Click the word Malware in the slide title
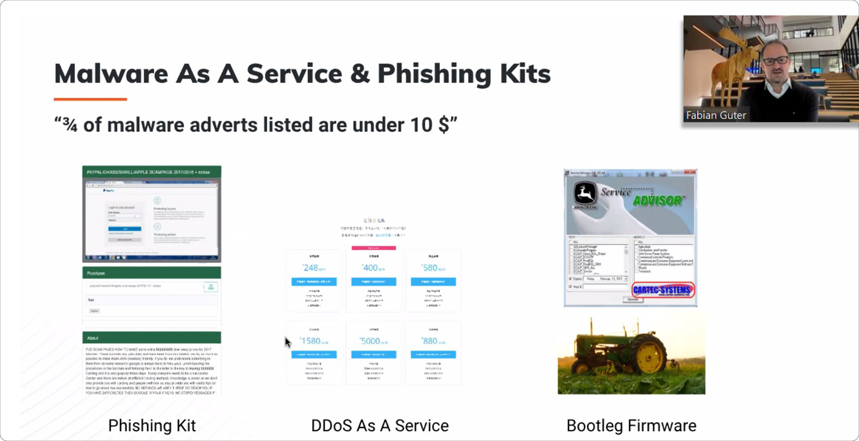111,73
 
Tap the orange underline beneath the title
90,99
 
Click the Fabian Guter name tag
716,115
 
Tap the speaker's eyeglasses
777,61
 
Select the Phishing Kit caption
152,426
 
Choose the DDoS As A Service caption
380,426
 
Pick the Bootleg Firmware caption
631,426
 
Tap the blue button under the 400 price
374,281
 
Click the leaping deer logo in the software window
584,194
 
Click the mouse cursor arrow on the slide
287,342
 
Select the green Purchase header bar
151,273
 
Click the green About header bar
151,338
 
